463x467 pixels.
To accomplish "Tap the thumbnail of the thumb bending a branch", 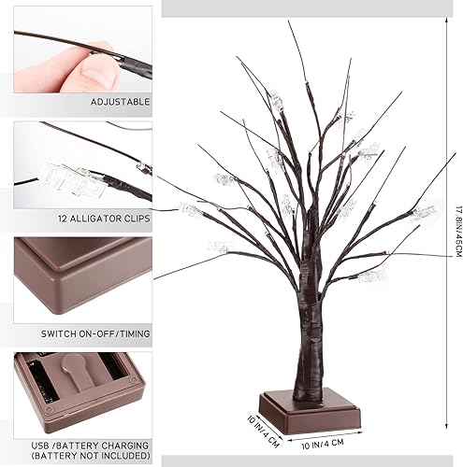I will tap(82, 51).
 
